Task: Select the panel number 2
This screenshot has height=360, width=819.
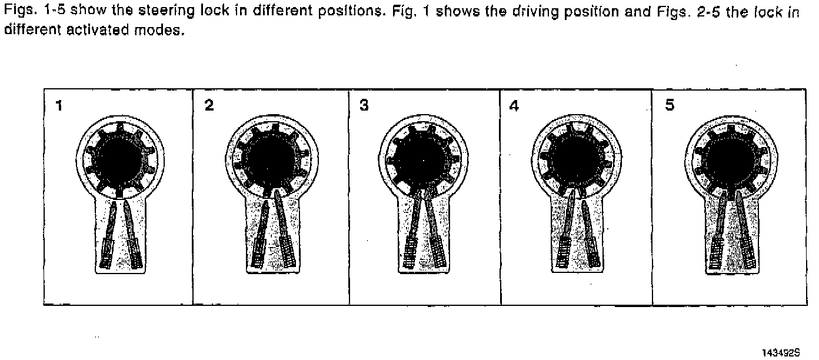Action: click(x=209, y=106)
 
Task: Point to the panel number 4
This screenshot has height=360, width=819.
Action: click(x=515, y=106)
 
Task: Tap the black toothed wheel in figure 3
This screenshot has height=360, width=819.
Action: click(x=422, y=160)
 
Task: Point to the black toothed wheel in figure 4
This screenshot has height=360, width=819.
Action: click(x=574, y=160)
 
